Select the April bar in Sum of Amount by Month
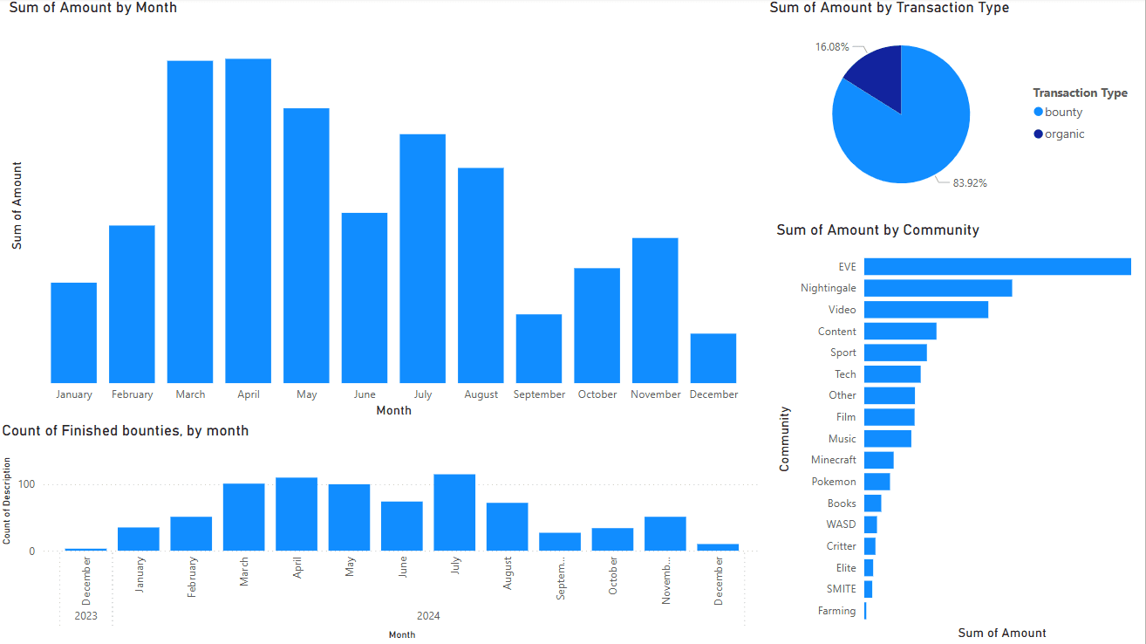[248, 221]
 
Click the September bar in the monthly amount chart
[539, 348]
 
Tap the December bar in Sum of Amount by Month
[713, 358]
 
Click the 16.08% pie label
[832, 47]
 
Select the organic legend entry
[1064, 134]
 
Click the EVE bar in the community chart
[997, 266]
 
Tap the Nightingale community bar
[938, 288]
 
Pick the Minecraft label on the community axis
[833, 460]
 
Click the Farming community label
[836, 611]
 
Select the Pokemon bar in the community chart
[877, 482]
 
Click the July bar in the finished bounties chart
[454, 512]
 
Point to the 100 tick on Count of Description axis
[31, 484]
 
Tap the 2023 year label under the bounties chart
[85, 616]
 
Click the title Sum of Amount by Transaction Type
[889, 8]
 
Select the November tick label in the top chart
[655, 394]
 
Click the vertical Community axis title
[784, 438]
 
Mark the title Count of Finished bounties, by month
[126, 431]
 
